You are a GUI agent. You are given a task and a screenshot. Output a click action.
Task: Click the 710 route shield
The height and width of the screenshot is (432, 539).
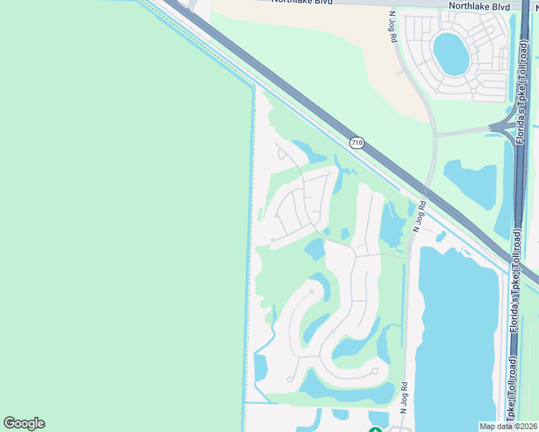[x=357, y=143]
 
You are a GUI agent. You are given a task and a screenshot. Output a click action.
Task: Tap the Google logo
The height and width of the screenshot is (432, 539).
[x=24, y=423]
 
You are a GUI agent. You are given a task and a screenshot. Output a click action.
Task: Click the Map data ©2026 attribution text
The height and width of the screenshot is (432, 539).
[x=509, y=426]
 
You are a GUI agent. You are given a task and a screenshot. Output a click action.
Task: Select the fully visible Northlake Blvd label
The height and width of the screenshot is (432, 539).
[x=478, y=6]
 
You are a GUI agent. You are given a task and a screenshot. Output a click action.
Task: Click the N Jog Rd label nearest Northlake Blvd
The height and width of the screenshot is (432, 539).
[x=393, y=26]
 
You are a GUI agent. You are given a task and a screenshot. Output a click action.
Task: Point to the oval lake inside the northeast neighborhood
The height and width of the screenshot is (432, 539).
[x=451, y=53]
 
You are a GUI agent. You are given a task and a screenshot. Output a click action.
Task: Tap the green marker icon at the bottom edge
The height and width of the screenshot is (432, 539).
[x=375, y=429]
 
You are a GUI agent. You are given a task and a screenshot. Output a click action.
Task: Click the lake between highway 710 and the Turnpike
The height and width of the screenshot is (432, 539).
[x=472, y=184]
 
